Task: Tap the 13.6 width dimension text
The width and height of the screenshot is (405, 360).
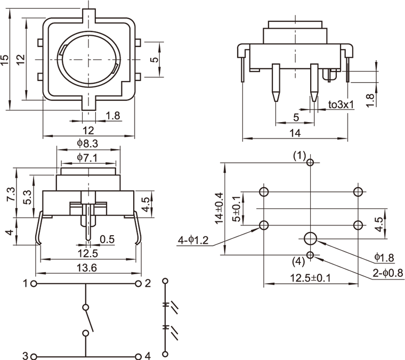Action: (x=86, y=268)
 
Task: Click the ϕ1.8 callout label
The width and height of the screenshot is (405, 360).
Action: (x=383, y=258)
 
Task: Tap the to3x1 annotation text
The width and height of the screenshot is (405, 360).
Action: (x=341, y=105)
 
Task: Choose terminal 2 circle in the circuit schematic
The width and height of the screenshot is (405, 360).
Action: (x=139, y=284)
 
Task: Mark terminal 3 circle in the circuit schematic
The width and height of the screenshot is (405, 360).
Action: (x=34, y=356)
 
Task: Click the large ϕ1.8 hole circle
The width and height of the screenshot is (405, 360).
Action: (x=310, y=238)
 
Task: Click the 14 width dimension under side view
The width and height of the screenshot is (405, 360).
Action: (x=295, y=133)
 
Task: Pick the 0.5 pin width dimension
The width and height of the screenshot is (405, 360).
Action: (x=107, y=239)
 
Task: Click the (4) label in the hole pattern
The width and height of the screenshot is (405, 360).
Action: (x=299, y=262)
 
